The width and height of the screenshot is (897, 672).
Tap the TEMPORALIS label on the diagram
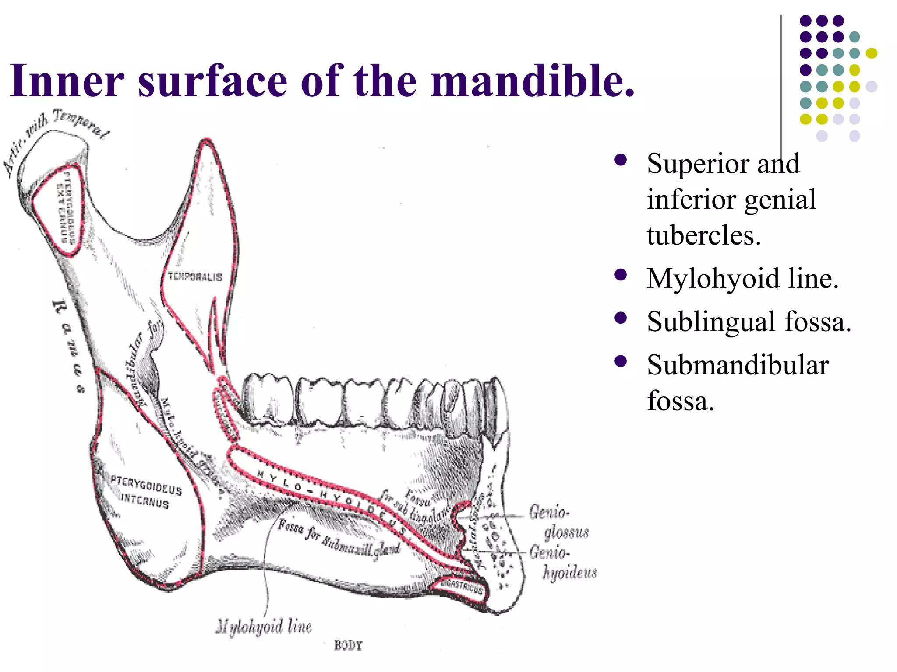[x=195, y=276]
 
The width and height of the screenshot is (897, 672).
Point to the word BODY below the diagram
[x=348, y=645]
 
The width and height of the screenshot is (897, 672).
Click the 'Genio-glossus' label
[x=558, y=522]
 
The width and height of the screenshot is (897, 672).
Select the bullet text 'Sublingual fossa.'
[x=749, y=322]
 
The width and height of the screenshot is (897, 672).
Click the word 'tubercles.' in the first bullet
[x=704, y=235]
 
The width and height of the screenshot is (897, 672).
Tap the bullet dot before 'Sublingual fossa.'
[x=620, y=318]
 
